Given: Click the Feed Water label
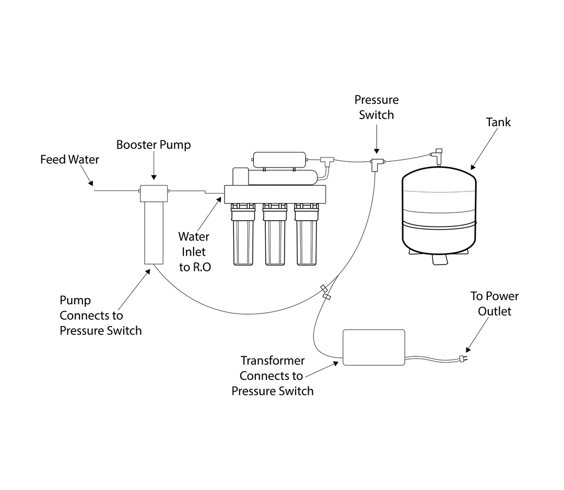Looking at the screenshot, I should pyautogui.click(x=69, y=159).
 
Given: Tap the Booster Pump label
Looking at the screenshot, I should pyautogui.click(x=153, y=145).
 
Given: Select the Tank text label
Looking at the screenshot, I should pyautogui.click(x=498, y=122).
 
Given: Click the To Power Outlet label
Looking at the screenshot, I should pyautogui.click(x=494, y=303).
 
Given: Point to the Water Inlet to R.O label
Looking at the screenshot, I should pyautogui.click(x=195, y=252).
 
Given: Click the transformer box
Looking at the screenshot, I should pyautogui.click(x=373, y=346).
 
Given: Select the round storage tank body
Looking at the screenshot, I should pyautogui.click(x=439, y=209).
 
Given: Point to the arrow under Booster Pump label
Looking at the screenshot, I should pyautogui.click(x=153, y=170).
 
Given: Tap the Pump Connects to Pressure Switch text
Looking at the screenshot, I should pyautogui.click(x=100, y=315).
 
